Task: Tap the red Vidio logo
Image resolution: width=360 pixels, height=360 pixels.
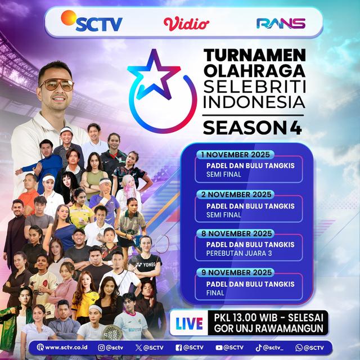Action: (x=186, y=24)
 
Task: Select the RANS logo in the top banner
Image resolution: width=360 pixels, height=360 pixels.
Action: (x=280, y=24)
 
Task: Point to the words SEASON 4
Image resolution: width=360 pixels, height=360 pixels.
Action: (x=252, y=128)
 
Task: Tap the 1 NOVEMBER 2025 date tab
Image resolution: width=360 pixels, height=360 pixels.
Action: (x=236, y=155)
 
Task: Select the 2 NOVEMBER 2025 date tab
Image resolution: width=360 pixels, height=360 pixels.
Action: (x=236, y=194)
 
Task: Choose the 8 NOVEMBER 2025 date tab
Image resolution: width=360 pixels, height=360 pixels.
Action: (x=236, y=233)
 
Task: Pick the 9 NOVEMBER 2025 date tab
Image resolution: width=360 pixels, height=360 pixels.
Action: (x=236, y=272)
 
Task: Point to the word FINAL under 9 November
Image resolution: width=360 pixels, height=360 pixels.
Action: (x=208, y=292)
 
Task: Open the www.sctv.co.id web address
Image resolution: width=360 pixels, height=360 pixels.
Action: (x=65, y=347)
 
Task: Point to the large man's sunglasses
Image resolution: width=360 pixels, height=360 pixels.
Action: (x=56, y=85)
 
